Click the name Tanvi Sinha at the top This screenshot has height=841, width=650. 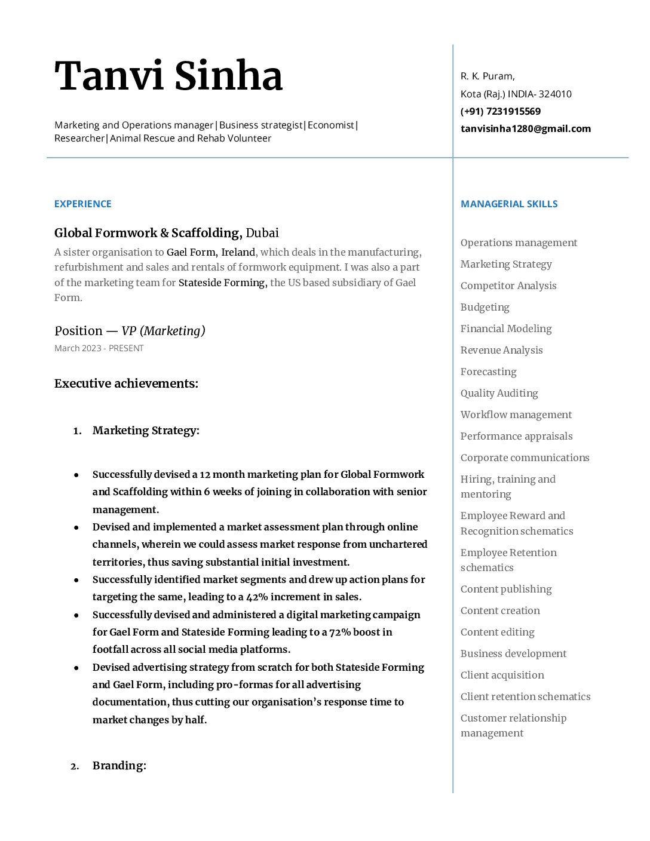click(168, 76)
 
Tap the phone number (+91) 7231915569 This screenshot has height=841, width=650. click(501, 111)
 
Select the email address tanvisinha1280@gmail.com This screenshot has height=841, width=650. click(526, 128)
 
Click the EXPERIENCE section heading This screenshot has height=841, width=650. click(83, 204)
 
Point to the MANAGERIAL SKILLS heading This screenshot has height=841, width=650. click(509, 204)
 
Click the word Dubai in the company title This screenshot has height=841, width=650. click(262, 233)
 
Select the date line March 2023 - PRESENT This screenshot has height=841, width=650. click(99, 348)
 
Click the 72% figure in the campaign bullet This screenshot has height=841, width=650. click(340, 632)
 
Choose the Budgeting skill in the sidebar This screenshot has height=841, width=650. click(485, 307)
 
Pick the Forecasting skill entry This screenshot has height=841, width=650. click(489, 372)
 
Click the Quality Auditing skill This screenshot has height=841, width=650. click(499, 393)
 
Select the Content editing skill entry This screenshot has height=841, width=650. click(498, 632)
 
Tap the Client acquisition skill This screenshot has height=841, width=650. click(502, 675)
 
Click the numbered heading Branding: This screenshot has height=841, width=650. click(119, 766)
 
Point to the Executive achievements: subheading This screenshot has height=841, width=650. click(126, 383)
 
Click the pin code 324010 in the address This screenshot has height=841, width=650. click(555, 94)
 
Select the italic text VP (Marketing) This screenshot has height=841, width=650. click(164, 331)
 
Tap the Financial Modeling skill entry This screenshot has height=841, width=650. click(506, 329)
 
